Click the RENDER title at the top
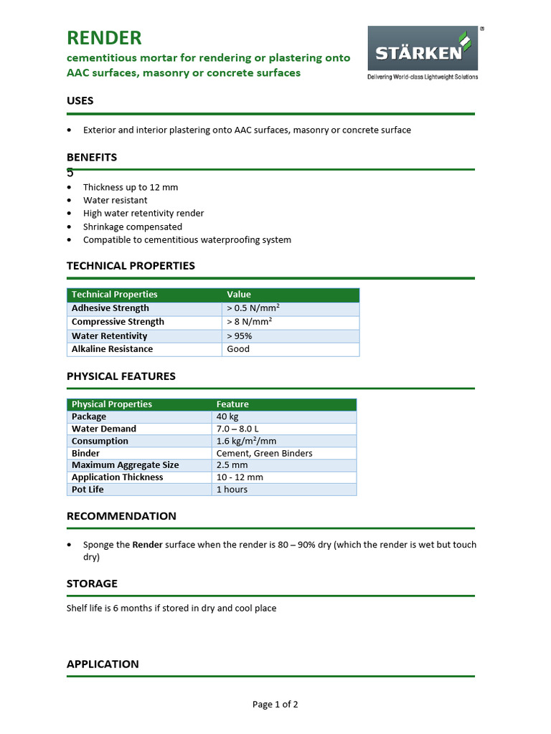point(104,38)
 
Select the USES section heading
point(80,101)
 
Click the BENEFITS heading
point(92,157)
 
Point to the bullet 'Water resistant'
point(115,200)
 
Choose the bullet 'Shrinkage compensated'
point(133,227)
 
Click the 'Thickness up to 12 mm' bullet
point(131,187)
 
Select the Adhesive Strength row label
point(110,308)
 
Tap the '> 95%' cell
point(240,335)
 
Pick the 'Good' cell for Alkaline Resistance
point(238,349)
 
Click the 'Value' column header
point(239,295)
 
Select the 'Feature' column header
point(232,404)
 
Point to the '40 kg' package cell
point(228,416)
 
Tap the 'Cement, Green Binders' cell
point(264,453)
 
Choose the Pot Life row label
point(89,490)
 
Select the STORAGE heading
point(92,583)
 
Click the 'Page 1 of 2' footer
point(275,705)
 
